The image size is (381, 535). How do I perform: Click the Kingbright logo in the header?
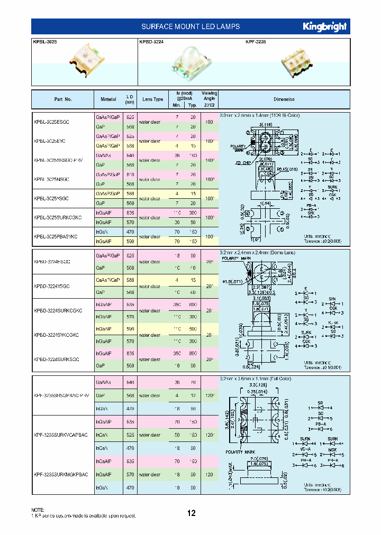click(324, 26)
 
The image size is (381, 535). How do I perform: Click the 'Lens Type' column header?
click(152, 99)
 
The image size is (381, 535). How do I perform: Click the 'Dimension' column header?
click(284, 99)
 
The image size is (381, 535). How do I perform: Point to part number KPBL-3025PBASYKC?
click(56, 237)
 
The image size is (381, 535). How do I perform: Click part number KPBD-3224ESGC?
click(52, 262)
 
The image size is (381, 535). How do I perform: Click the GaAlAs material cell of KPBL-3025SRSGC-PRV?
click(104, 156)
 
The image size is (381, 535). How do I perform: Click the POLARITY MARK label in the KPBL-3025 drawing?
click(238, 147)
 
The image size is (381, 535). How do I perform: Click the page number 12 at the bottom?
click(191, 513)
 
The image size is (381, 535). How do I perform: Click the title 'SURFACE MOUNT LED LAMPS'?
click(190, 26)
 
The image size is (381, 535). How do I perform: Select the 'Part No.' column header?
click(62, 99)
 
